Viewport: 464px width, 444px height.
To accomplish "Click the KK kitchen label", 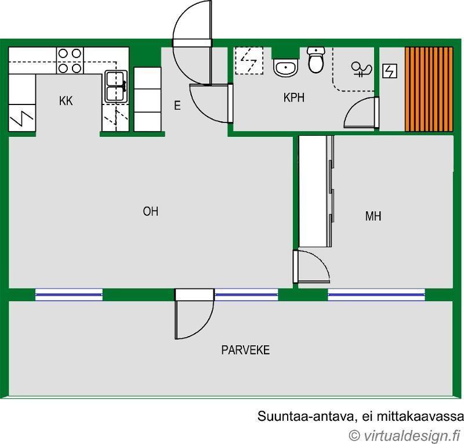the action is pyautogui.click(x=66, y=101).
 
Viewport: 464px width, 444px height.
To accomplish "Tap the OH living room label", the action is pyautogui.click(x=150, y=211).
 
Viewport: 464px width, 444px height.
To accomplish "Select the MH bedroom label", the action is pyautogui.click(x=373, y=216).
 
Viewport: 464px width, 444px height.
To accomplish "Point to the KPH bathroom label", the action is pyautogui.click(x=294, y=98).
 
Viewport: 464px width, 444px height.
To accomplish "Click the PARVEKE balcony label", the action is pyautogui.click(x=245, y=350).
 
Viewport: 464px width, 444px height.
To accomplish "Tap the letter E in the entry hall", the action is pyautogui.click(x=177, y=106).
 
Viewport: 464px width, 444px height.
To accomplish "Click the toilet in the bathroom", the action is pyautogui.click(x=316, y=60).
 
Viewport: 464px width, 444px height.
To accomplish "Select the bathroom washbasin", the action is pyautogui.click(x=285, y=67).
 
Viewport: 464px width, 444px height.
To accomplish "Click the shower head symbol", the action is pyautogui.click(x=361, y=70).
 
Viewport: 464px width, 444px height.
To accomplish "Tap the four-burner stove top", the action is pyautogui.click(x=70, y=61).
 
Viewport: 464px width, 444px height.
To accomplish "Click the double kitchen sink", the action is pyautogui.click(x=116, y=86).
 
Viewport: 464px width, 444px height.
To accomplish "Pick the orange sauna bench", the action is pyautogui.click(x=429, y=89).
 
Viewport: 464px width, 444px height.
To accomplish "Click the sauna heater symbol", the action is pyautogui.click(x=389, y=71).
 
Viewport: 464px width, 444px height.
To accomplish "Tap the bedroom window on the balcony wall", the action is pyautogui.click(x=376, y=295).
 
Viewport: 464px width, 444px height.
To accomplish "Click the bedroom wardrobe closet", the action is pyautogui.click(x=316, y=192).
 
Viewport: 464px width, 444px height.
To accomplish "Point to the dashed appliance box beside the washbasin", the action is pyautogui.click(x=249, y=60).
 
